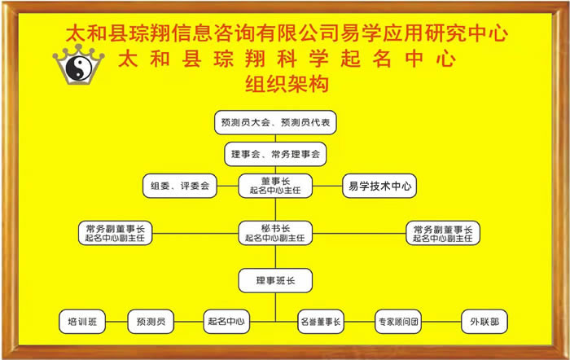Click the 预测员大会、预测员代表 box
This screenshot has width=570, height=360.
(275, 122)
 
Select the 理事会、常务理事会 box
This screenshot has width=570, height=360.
(275, 154)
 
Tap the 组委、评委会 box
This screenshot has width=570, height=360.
(180, 186)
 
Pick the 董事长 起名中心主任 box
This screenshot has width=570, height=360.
(275, 186)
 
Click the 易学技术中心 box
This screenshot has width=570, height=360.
(379, 186)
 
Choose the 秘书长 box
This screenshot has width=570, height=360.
(275, 233)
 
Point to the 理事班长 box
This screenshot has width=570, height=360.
(275, 280)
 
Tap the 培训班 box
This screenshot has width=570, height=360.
(82, 322)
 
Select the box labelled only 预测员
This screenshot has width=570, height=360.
(151, 322)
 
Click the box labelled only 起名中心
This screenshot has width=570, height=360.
(226, 322)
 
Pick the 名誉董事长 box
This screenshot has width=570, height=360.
(321, 322)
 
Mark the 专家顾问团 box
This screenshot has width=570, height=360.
(398, 322)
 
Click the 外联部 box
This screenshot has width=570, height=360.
(484, 322)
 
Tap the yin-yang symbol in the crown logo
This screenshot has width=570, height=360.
(79, 69)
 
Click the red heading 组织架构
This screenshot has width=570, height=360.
(287, 84)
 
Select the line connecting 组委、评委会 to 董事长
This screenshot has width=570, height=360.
(227, 186)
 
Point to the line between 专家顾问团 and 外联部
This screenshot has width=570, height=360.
(441, 322)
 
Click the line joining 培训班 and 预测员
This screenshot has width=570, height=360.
(116, 322)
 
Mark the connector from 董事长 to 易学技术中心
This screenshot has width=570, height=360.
(327, 186)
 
